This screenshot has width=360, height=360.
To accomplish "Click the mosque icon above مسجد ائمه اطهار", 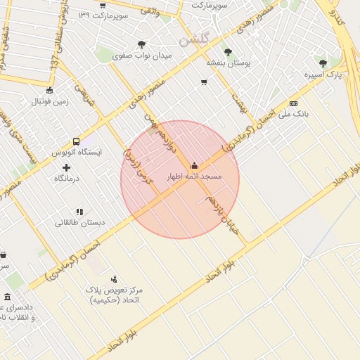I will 194,167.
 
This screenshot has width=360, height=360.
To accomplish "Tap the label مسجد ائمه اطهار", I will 193,176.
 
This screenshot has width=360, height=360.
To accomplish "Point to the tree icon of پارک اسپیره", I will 323,63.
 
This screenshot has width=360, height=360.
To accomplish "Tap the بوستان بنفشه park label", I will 228,62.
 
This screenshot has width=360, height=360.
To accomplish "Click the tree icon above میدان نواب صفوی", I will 142,44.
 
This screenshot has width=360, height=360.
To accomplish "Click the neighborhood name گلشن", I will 194,41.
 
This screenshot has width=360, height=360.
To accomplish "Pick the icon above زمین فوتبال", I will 49,90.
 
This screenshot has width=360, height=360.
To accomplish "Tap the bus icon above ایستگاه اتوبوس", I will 76,141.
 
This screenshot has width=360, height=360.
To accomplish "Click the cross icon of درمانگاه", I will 67,167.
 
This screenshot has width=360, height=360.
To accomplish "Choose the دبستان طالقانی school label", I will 80,222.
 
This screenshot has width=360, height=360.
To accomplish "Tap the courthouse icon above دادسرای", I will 7,297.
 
